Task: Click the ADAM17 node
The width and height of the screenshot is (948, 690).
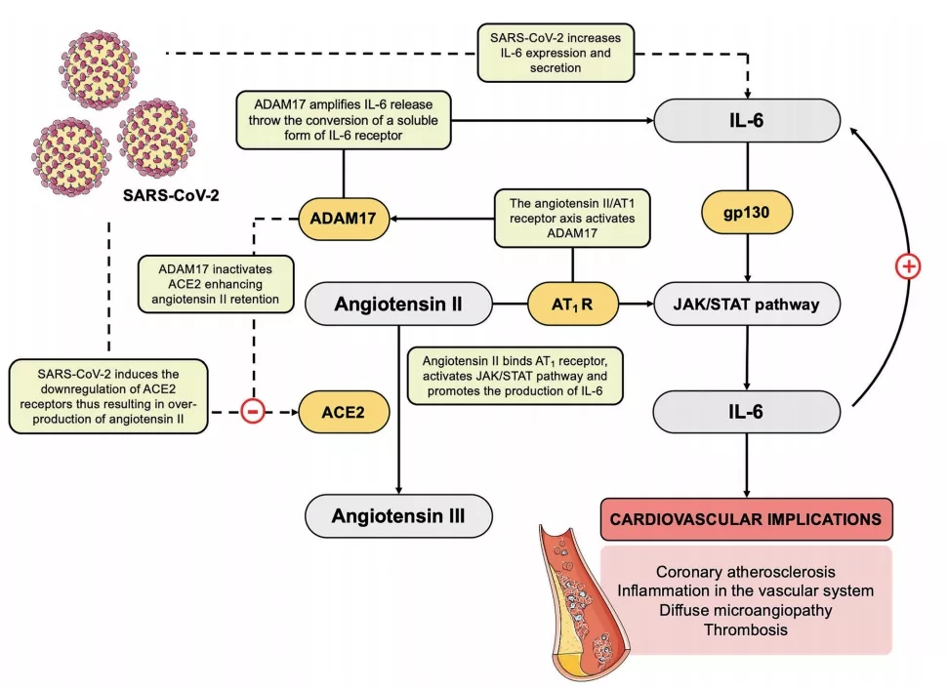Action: coord(342,218)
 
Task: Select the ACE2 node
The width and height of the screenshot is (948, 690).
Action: coord(343,412)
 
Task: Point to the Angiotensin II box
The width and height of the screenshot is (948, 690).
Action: coord(398,304)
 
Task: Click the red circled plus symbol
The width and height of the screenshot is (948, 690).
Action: coord(908,266)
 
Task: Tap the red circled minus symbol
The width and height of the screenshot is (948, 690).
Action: coord(251,412)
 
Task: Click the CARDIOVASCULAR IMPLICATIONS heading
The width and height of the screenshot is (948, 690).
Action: coord(747,518)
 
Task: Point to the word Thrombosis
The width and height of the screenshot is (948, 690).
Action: coord(747,630)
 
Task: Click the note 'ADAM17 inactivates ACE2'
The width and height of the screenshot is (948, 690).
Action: coord(216,283)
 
